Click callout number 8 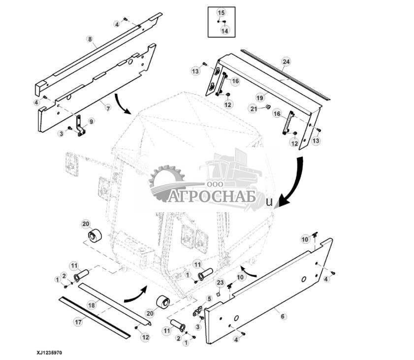point(90,38)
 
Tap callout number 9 point(91,121)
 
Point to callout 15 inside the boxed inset point(221,12)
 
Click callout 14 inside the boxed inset point(225,31)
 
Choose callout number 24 point(286,62)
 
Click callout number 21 point(254,108)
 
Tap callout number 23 point(221,283)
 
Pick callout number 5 point(209,298)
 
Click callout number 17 point(78,323)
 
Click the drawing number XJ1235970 point(49,353)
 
